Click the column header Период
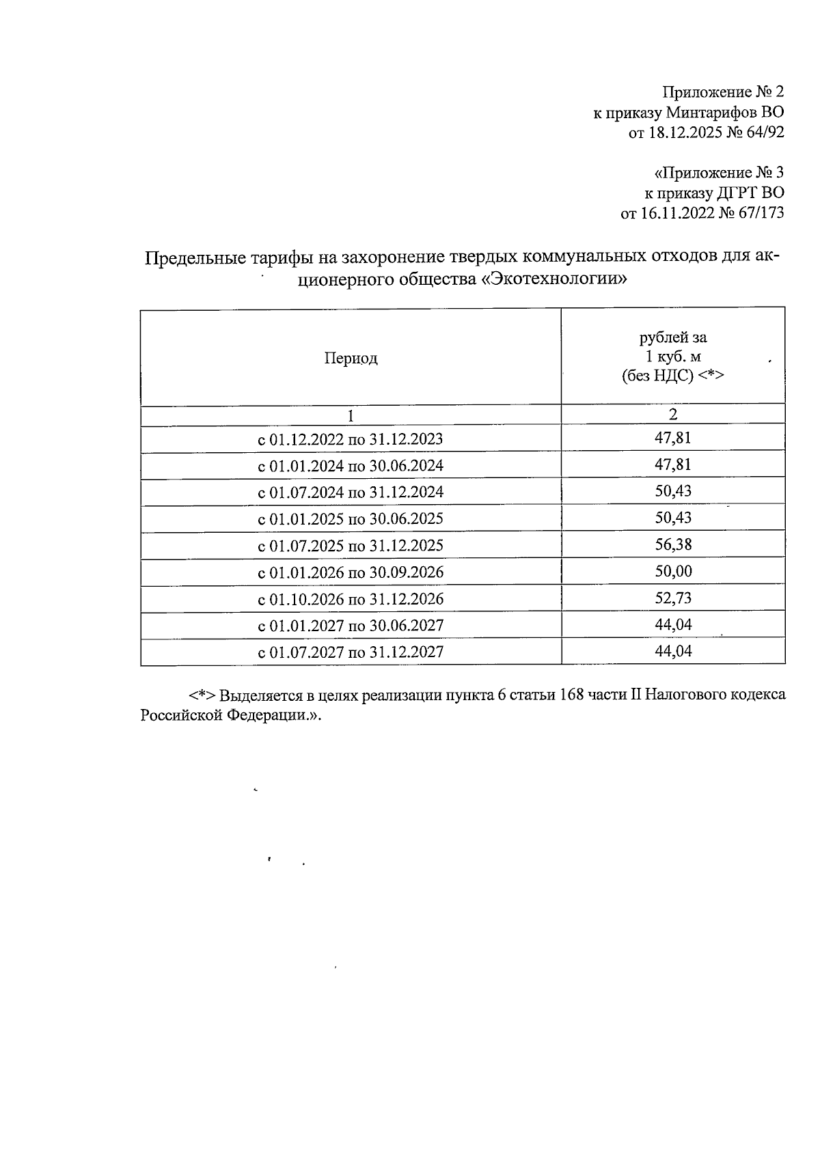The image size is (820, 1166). tap(351, 358)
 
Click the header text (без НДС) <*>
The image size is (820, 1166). tap(672, 375)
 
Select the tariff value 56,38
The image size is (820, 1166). tap(673, 544)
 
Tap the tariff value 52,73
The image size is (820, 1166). tap(673, 598)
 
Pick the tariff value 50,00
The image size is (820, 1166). tap(673, 571)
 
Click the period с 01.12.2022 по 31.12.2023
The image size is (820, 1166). tap(350, 439)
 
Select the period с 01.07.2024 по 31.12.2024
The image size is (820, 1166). tap(350, 492)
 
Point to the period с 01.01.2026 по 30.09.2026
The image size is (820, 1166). tap(350, 572)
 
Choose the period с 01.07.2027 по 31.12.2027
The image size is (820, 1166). tap(350, 652)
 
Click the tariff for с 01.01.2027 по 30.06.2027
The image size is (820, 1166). tap(673, 624)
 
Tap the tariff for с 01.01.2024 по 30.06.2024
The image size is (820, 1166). tap(673, 464)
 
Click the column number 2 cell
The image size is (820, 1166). tap(673, 415)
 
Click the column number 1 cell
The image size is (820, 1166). tap(350, 415)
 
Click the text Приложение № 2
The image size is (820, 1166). tap(723, 92)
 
